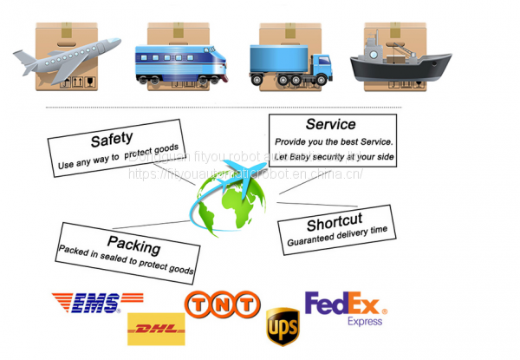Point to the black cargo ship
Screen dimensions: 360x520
coord(400,62)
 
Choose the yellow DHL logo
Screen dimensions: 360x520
coord(155,329)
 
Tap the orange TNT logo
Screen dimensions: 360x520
coord(221,304)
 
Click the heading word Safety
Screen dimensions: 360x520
coord(112,138)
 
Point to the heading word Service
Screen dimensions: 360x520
coord(330,125)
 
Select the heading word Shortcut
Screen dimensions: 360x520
coord(334,220)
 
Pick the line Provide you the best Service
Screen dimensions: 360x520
coord(334,141)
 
